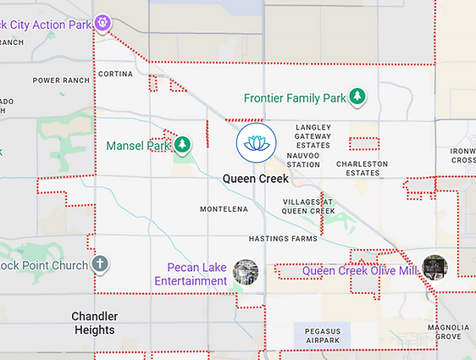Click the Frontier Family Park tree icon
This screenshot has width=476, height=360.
coord(358,97)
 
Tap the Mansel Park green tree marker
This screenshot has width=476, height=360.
coord(182,145)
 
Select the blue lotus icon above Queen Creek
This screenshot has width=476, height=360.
coord(255,143)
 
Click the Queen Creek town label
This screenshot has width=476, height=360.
coord(255,179)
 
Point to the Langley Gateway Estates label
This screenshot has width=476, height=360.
coord(313,136)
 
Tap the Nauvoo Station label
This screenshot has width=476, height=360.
coord(303,159)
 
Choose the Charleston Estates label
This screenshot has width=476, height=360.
coord(362,169)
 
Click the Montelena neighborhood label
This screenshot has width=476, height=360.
coord(224,208)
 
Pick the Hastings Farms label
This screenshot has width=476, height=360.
coord(283,240)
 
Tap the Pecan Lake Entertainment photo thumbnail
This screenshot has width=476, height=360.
coord(246,272)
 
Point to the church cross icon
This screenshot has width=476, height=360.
coord(100,264)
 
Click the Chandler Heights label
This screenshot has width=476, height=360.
coord(94,323)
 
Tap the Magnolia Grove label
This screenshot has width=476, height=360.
coord(448,331)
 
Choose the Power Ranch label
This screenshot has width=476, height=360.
coord(61,80)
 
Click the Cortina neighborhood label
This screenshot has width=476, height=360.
coord(115,75)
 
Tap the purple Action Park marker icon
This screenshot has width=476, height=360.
coord(102,22)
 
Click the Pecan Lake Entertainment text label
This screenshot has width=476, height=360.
coord(191,274)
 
